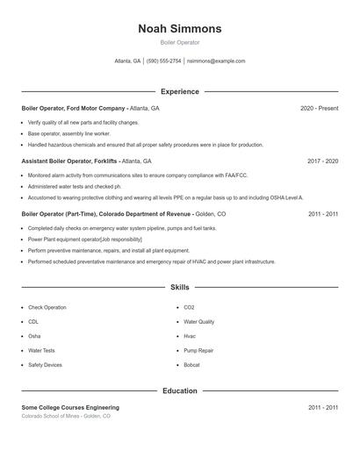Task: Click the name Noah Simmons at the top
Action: click(180, 29)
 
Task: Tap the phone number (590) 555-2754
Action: click(164, 61)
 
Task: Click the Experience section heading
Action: click(180, 91)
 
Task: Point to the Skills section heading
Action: click(180, 287)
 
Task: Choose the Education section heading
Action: click(180, 391)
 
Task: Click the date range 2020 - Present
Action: click(319, 108)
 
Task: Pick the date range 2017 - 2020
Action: click(323, 161)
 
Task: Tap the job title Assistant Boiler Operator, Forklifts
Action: click(69, 161)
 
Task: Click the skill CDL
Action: click(33, 322)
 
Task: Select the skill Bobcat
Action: click(191, 365)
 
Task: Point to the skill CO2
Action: click(189, 308)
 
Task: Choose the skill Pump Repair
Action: click(198, 351)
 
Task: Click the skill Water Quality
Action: click(199, 322)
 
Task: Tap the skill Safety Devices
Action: click(45, 365)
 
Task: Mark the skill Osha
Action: click(34, 336)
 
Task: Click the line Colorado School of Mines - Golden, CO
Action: click(66, 416)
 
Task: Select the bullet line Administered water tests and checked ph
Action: click(74, 186)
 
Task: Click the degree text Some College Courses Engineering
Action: click(70, 407)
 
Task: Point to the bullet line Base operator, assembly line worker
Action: click(70, 133)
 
